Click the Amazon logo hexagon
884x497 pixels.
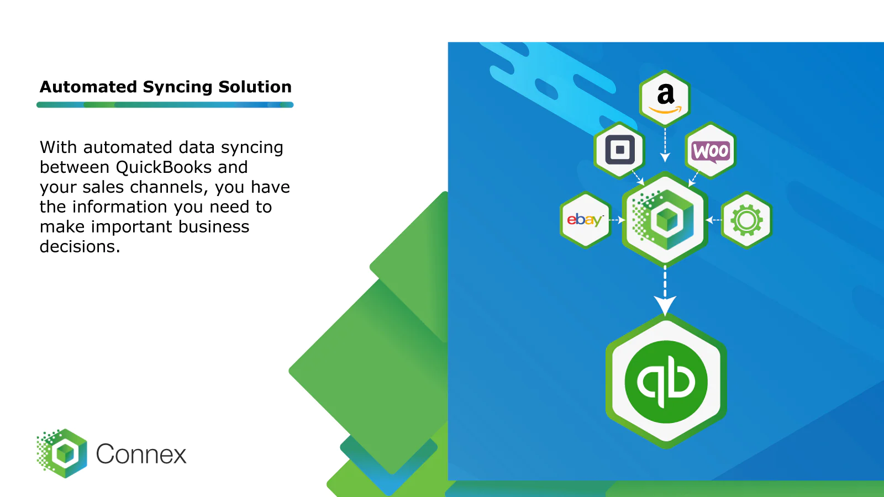665,98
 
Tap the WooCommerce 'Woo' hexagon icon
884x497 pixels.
711,150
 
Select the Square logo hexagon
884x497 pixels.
620,150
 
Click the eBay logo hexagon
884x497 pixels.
585,220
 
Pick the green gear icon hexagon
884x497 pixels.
746,220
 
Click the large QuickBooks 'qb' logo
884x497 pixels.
666,382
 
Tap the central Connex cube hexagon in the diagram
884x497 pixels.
665,219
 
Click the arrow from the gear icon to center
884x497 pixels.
713,220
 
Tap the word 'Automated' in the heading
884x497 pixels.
88,87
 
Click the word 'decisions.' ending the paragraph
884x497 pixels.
80,247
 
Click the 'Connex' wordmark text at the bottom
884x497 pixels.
141,454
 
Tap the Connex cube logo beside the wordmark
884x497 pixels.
62,453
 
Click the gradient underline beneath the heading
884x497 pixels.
165,104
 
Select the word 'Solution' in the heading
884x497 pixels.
255,87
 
